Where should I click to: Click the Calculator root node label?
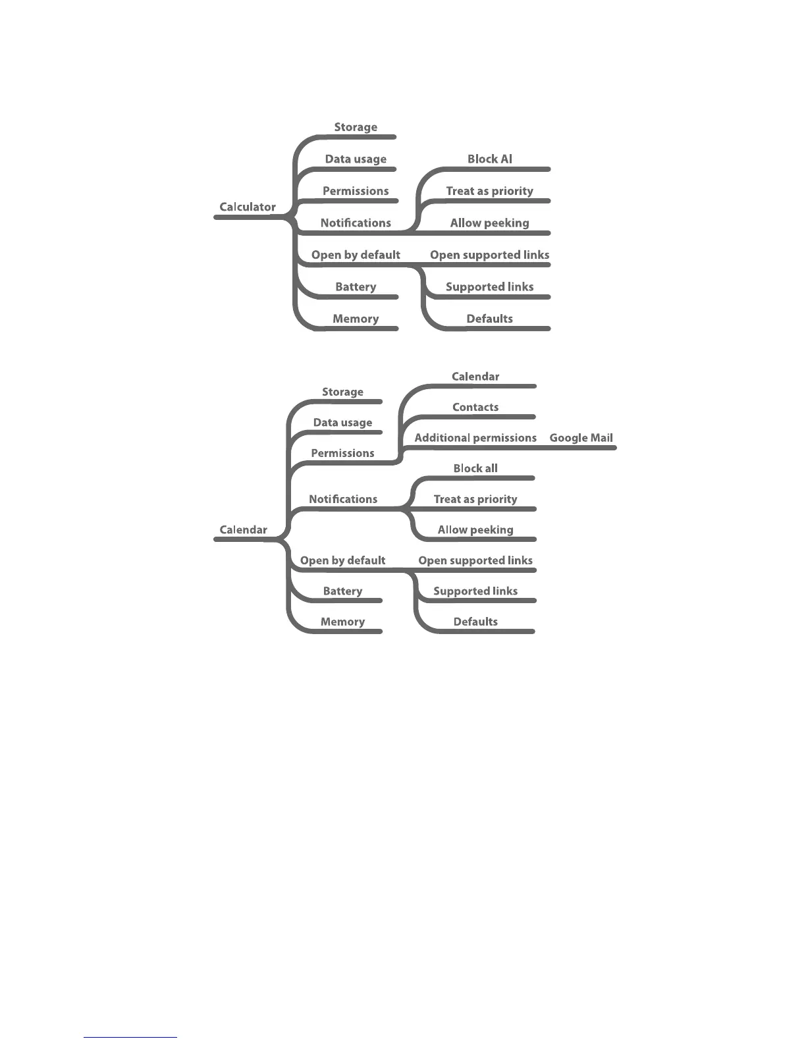(248, 207)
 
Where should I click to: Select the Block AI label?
(489, 159)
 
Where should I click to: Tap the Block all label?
(475, 468)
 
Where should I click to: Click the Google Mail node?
(581, 438)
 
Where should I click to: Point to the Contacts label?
(475, 407)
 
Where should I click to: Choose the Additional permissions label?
(475, 438)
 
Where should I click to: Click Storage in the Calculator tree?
(356, 127)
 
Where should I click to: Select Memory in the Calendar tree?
(342, 622)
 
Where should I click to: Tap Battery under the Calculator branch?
(356, 286)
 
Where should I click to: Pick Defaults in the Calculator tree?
(489, 319)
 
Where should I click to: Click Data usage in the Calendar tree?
(342, 423)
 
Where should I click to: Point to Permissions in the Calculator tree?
(356, 191)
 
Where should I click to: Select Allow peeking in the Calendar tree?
(475, 529)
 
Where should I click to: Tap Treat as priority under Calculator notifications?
(489, 191)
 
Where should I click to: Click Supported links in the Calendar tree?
(475, 591)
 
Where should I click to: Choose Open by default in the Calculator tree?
(356, 255)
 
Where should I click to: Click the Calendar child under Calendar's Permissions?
(475, 377)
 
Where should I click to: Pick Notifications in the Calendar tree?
(343, 499)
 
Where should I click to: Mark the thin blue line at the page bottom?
(130, 1037)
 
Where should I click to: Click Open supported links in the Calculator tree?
(489, 255)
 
